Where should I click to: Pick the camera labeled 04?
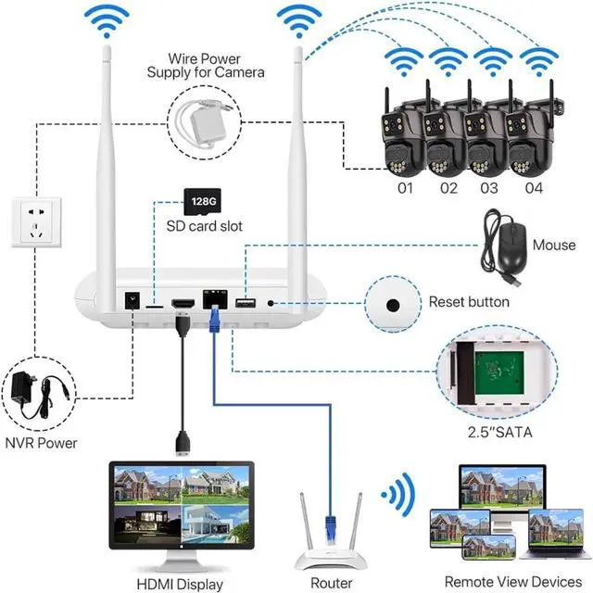click(531, 140)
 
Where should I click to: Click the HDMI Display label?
click(180, 584)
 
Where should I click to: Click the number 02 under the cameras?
click(448, 188)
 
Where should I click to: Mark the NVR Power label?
click(43, 444)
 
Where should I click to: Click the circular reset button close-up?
click(392, 305)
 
